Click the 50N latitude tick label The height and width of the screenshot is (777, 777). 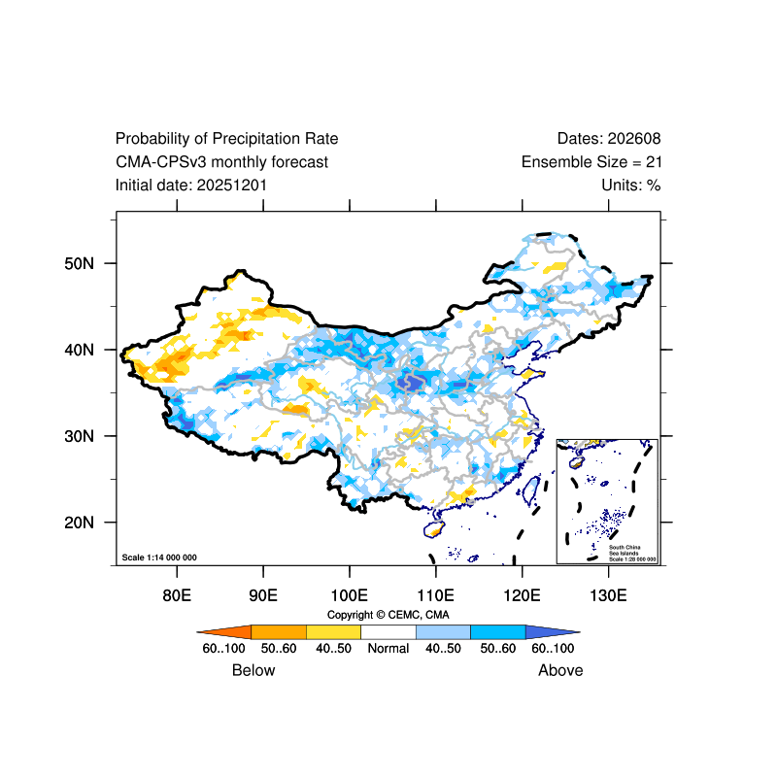79,263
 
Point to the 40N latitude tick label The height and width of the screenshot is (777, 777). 79,350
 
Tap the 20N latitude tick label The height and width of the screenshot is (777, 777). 79,523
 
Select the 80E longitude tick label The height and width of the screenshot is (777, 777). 177,594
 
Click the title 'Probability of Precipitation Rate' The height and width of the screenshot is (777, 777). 227,139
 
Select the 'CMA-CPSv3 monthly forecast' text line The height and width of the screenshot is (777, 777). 221,162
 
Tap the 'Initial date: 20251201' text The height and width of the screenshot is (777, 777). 191,185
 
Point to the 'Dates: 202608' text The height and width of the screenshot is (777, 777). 609,139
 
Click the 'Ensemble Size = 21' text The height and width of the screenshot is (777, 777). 591,162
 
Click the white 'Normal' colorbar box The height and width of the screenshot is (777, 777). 388,631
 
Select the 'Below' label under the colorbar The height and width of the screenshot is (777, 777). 253,670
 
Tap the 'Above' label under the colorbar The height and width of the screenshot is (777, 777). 560,670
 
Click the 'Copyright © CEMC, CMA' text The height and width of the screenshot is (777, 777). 388,615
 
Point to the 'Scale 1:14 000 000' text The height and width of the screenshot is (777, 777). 159,557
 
